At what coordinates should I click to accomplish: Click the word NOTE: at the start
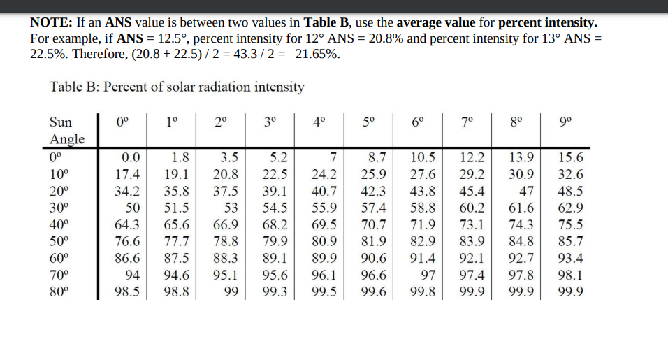48,22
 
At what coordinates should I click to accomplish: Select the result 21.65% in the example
318,54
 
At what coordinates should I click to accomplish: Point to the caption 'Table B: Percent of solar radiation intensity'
177,87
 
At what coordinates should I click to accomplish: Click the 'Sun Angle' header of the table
67,129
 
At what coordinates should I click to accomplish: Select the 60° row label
60,259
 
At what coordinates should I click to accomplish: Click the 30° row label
60,208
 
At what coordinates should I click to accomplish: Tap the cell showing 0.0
131,157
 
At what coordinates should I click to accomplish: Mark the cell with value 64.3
127,225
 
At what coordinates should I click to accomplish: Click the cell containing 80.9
324,242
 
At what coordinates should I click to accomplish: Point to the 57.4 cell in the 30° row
375,208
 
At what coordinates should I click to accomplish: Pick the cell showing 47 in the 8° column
528,191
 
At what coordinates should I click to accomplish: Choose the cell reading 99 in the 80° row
231,292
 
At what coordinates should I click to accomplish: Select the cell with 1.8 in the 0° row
180,157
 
